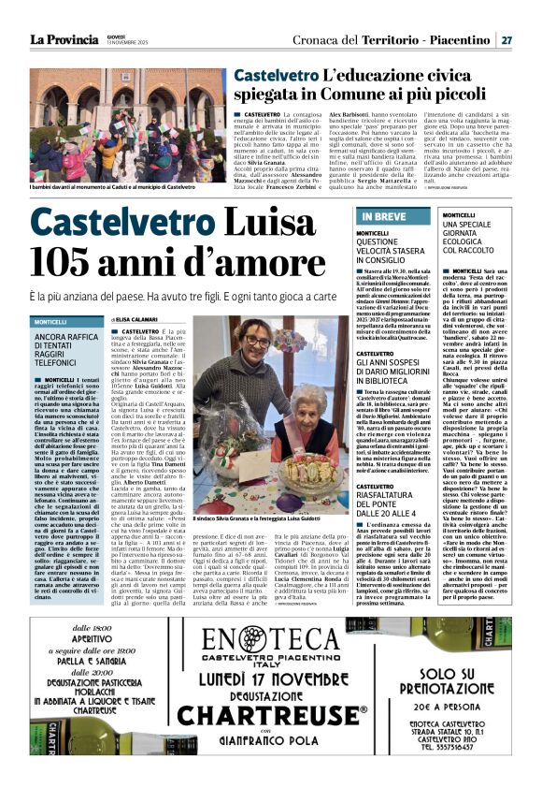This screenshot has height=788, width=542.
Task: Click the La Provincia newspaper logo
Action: (x=63, y=39)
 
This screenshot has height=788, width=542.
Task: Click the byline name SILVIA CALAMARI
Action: (x=140, y=319)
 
